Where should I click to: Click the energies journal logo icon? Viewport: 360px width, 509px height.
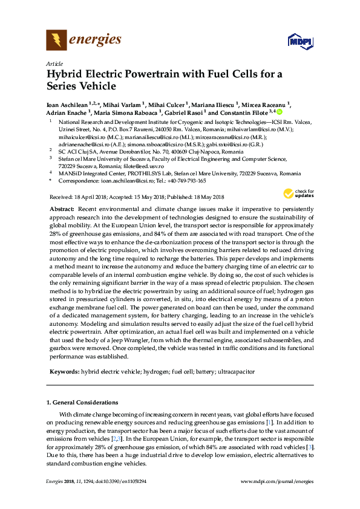pos(56,41)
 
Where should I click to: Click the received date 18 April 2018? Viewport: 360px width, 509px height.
pos(89,197)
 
